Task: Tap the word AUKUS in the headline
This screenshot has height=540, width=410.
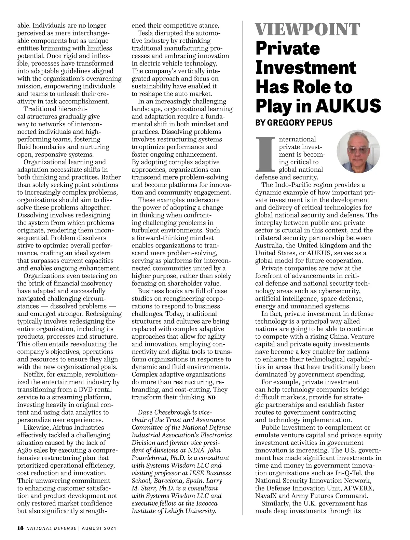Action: [348, 106]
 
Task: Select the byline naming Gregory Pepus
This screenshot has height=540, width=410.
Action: [294, 123]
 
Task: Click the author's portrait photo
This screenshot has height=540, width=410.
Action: [358, 151]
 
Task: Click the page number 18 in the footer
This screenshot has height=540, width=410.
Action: [20, 528]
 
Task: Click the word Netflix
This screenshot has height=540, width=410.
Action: [34, 374]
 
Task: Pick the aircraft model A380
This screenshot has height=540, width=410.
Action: [25, 450]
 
